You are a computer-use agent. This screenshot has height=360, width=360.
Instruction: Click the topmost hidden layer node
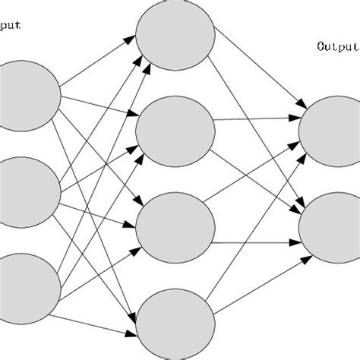coord(175,35)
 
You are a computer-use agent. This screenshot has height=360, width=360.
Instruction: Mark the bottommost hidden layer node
coord(175,320)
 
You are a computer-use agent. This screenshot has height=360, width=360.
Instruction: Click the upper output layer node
coord(330,128)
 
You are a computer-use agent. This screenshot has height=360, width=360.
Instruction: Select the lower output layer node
coord(330,226)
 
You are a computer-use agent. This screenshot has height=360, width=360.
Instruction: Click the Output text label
coord(336,46)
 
